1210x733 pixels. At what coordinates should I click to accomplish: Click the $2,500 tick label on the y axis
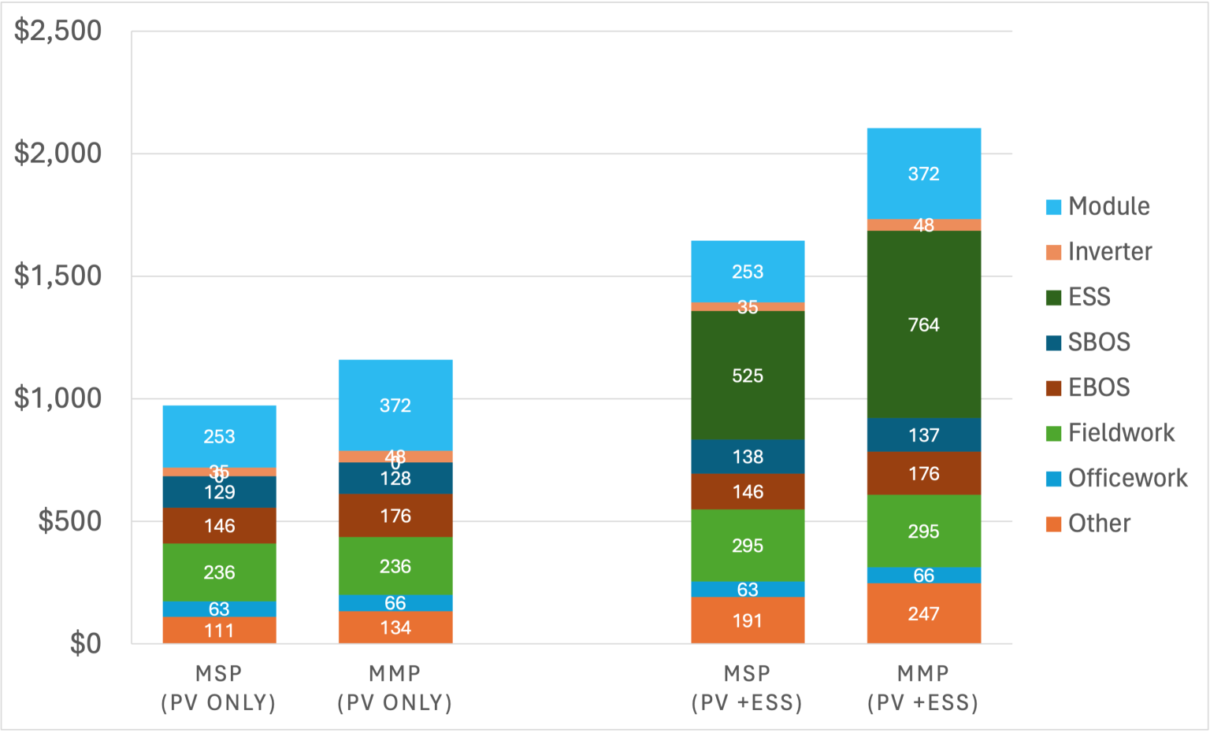[x=58, y=31]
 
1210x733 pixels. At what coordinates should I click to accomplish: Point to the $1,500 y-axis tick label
[x=58, y=276]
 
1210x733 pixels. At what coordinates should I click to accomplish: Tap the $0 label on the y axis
[x=85, y=644]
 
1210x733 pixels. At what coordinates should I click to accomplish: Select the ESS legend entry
[x=1089, y=297]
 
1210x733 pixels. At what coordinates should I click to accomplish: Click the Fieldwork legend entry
[x=1120, y=433]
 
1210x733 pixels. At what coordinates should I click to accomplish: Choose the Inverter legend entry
[x=1109, y=252]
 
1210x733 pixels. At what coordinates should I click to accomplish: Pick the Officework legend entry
[x=1126, y=478]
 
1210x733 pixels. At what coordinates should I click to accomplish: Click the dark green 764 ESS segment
[x=923, y=324]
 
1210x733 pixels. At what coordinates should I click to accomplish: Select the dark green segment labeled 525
[x=747, y=376]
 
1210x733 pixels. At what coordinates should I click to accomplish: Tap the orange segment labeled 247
[x=923, y=613]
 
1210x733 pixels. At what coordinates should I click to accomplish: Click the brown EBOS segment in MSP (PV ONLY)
[x=219, y=525]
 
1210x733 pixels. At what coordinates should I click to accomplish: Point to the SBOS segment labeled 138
[x=747, y=457]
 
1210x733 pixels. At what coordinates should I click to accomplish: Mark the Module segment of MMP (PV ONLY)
[x=395, y=405]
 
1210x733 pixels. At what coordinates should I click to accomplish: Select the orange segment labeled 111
[x=219, y=630]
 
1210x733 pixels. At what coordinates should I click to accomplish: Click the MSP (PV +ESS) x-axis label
[x=747, y=688]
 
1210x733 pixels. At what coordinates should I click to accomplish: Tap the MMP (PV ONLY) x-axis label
[x=395, y=688]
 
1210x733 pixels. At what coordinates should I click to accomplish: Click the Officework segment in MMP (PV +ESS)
[x=923, y=576]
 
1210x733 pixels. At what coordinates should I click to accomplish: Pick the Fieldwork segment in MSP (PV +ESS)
[x=747, y=545]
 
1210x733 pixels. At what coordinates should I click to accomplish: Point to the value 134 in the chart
[x=395, y=627]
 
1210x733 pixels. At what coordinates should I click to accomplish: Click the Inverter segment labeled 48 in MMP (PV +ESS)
[x=923, y=225]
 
